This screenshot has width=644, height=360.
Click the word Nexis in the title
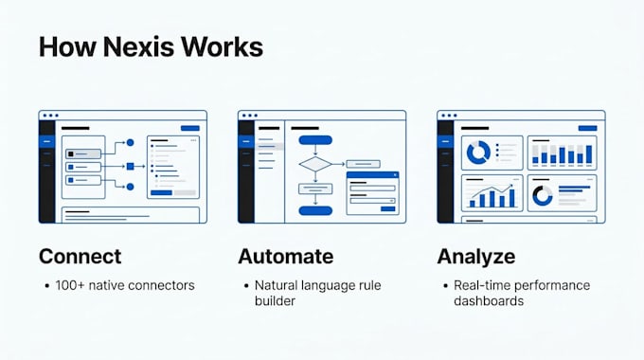[139, 46]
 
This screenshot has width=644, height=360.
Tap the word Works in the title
[222, 46]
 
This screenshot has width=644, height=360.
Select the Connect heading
[80, 257]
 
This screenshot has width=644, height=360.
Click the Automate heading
[286, 257]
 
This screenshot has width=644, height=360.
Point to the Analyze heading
[476, 257]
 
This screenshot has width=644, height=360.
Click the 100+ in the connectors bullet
[70, 285]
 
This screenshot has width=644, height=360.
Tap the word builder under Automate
[275, 301]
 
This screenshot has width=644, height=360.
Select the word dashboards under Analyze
[489, 301]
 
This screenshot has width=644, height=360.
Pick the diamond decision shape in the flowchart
[315, 164]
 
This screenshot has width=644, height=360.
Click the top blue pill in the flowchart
[315, 140]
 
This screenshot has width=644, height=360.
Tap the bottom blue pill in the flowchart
[315, 211]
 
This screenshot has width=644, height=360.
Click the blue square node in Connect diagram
[130, 166]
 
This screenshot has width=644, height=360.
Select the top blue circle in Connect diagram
[130, 143]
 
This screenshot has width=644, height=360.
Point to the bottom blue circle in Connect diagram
[130, 187]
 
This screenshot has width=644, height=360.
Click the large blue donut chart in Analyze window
[471, 153]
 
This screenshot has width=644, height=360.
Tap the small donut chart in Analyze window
[535, 196]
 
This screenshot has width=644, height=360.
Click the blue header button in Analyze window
[587, 128]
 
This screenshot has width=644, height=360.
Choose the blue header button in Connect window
[190, 128]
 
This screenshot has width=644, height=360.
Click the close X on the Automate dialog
[395, 175]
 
